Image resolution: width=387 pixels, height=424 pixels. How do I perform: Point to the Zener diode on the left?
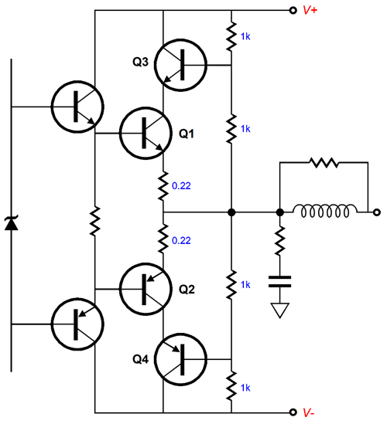[x=11, y=224]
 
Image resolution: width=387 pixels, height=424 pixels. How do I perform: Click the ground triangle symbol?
[x=279, y=310]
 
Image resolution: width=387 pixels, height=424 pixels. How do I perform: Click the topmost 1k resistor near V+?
[x=231, y=34]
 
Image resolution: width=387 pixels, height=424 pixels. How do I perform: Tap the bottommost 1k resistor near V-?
[x=231, y=384]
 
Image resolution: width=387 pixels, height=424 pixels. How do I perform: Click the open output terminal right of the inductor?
[x=375, y=212]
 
